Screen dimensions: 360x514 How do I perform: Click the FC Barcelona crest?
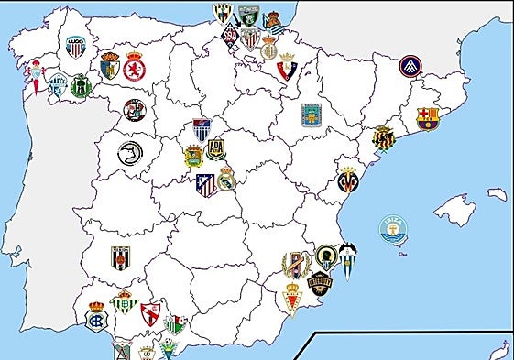click(427, 117)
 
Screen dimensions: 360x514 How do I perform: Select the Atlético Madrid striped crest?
click(206, 186)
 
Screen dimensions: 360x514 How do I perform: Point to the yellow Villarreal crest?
click(348, 180)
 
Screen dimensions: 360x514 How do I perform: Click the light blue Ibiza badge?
click(394, 230)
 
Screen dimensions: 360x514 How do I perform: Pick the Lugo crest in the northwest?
click(75, 46)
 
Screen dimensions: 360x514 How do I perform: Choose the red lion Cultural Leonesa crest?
click(134, 68)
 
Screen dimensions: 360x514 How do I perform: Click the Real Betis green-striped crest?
click(124, 302)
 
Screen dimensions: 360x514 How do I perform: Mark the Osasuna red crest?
click(284, 65)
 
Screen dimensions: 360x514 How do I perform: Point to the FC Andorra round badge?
click(410, 66)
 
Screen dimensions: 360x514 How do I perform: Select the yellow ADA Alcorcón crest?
click(215, 148)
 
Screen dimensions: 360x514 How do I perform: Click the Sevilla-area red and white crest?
click(150, 314)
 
